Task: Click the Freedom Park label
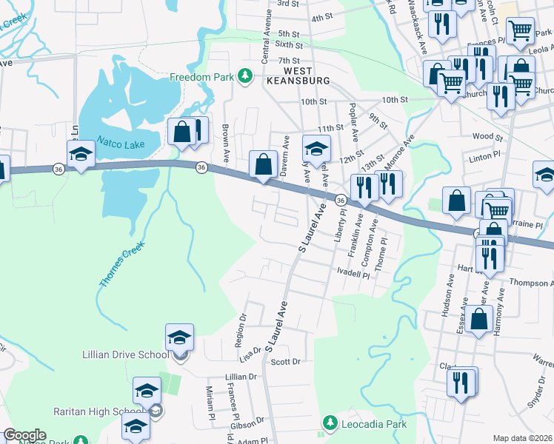(201, 77)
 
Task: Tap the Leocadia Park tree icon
(330, 424)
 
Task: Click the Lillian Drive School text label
(125, 354)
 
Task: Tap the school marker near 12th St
(316, 148)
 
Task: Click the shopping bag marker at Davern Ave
(263, 164)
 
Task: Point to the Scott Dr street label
(285, 362)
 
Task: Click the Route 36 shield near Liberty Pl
(341, 200)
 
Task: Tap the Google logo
(24, 435)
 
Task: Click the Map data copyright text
(523, 438)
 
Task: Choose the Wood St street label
(487, 137)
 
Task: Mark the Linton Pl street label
(486, 159)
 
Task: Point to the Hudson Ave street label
(449, 299)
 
